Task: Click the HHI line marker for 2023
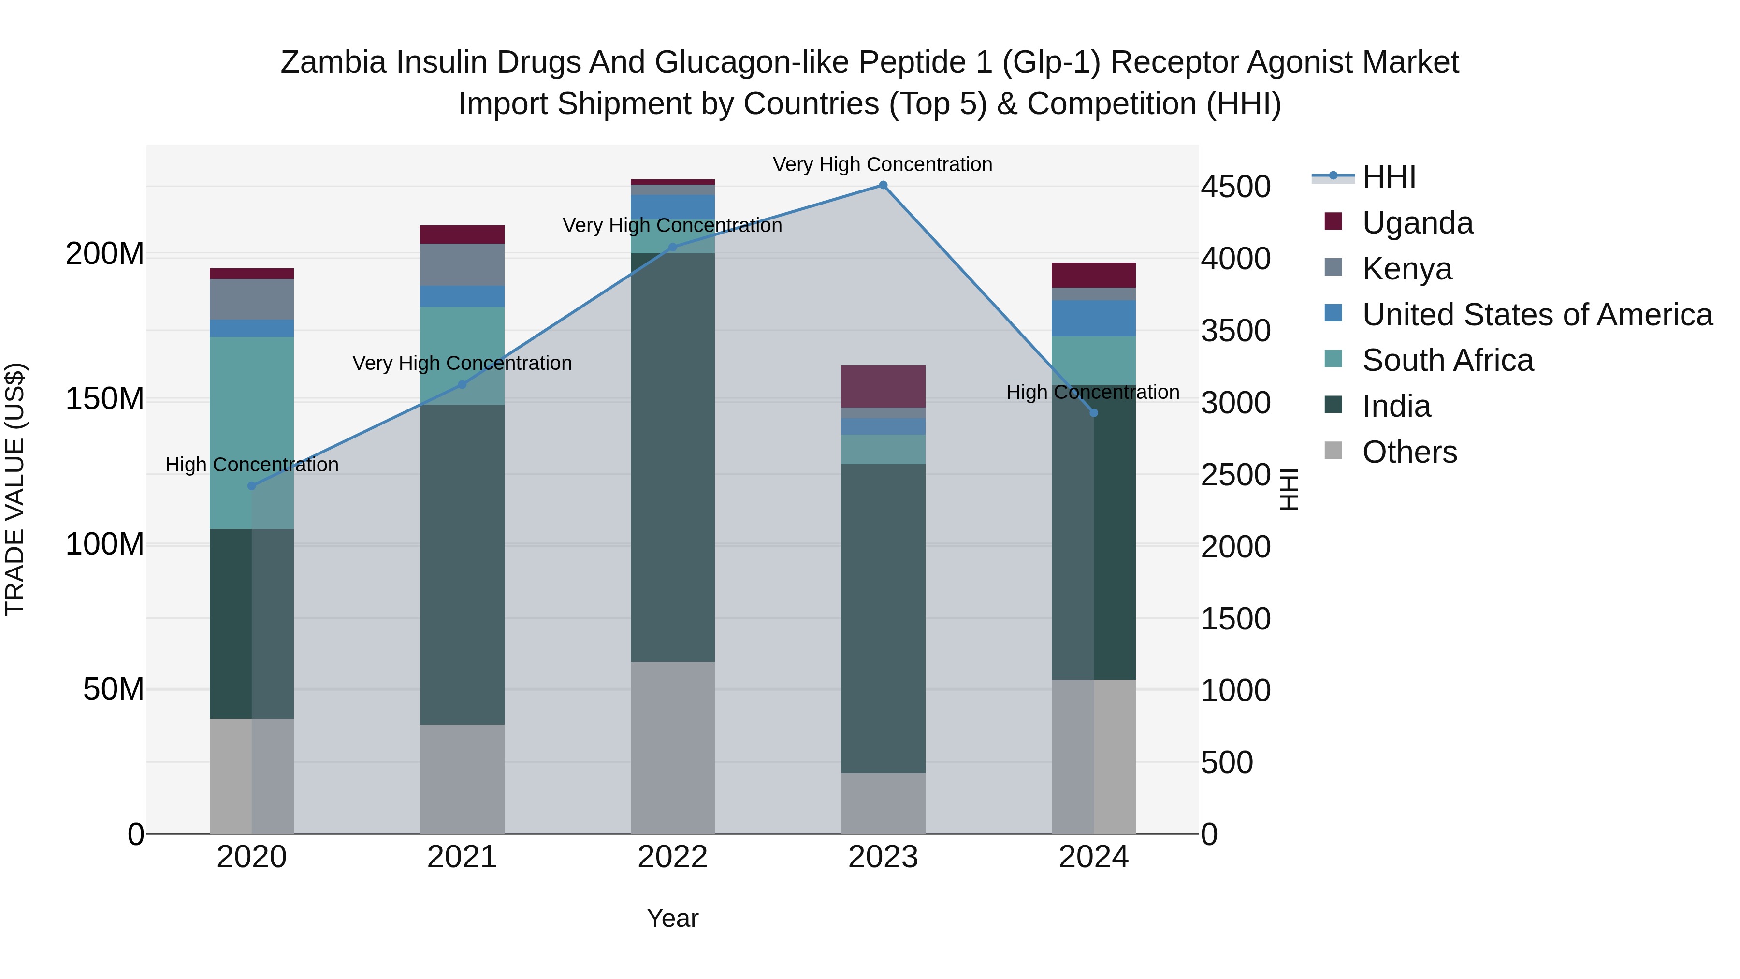tap(883, 185)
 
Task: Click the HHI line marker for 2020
tap(252, 486)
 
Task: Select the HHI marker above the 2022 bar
tap(672, 247)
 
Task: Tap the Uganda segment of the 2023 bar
tap(883, 386)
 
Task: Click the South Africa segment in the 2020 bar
tap(251, 432)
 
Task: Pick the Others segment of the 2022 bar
tap(672, 746)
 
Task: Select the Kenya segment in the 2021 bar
tap(462, 265)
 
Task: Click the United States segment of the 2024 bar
tap(1094, 318)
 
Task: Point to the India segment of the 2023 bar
tap(883, 618)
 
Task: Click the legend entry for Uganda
tap(1417, 223)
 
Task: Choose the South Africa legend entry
tap(1448, 360)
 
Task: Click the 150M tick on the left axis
tap(105, 399)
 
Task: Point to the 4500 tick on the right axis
tap(1235, 187)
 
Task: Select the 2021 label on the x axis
tap(462, 857)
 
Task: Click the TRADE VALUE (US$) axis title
tap(15, 489)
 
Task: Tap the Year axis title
tap(672, 918)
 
